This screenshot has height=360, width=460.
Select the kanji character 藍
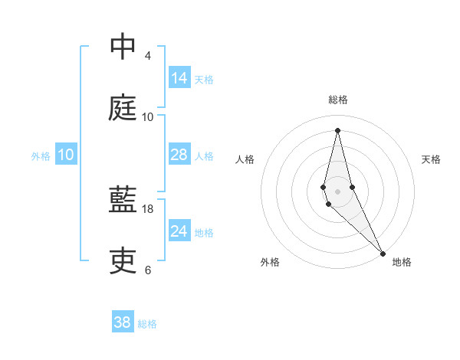(x=123, y=201)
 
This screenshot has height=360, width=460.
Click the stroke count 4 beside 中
(x=148, y=56)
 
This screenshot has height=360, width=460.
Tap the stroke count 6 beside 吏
(x=148, y=270)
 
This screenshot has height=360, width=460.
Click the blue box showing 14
(x=179, y=78)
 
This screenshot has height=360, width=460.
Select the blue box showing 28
(x=179, y=155)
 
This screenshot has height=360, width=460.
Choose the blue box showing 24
(x=179, y=231)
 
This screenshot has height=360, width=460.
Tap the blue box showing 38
(x=123, y=322)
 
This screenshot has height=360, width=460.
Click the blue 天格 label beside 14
(x=204, y=80)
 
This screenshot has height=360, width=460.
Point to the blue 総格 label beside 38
(x=147, y=324)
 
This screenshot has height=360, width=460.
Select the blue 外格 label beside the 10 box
(x=41, y=156)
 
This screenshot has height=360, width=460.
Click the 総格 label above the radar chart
(x=338, y=100)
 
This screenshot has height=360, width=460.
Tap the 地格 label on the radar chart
(x=402, y=262)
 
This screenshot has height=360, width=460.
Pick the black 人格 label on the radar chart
(x=245, y=159)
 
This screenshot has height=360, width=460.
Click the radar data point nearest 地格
(x=383, y=253)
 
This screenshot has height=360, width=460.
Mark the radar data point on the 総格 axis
(x=337, y=129)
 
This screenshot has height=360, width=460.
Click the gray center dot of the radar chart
(x=337, y=191)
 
